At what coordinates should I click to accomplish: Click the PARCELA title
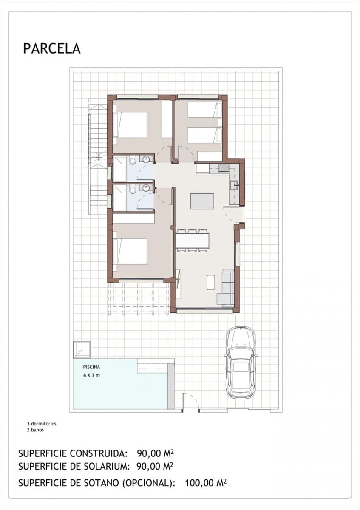coord(52,48)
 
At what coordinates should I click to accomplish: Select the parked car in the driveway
coord(241,362)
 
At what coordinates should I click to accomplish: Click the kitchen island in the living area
coord(202,201)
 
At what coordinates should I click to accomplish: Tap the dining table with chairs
coord(192,241)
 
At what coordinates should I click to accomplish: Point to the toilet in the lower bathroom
coord(133,190)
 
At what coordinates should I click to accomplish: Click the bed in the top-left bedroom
coord(130,125)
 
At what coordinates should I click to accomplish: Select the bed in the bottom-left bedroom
coord(130,251)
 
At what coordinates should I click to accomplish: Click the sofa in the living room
coord(226,288)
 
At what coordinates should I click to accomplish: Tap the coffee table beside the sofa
coord(211,282)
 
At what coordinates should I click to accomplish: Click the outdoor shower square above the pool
coord(82,349)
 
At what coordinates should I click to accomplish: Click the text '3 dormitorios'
coord(42,424)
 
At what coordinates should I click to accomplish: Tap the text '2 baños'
coord(35,430)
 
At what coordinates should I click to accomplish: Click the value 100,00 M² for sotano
coord(205,483)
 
